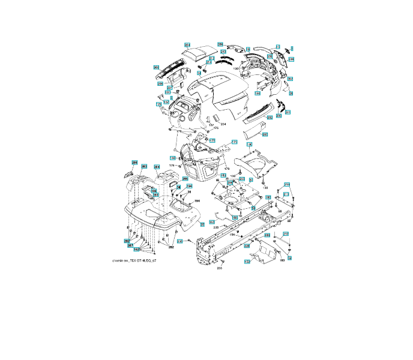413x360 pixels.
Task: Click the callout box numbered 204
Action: [x=187, y=45]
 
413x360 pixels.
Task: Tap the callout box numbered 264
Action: [x=157, y=166]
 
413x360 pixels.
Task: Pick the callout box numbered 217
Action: [x=286, y=234]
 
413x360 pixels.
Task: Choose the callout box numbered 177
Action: [x=212, y=140]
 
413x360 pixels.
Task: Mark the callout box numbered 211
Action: [x=287, y=112]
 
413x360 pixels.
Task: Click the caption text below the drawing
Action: [x=134, y=261]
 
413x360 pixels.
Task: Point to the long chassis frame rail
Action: [x=240, y=231]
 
